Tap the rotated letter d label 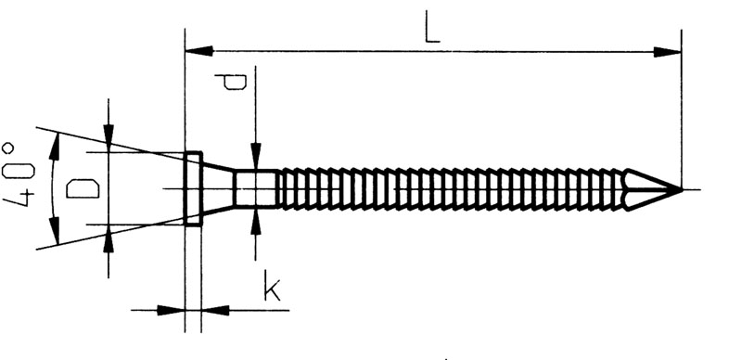tap(230, 81)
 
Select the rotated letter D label tap(83, 188)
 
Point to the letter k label tap(271, 286)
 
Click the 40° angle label tap(18, 174)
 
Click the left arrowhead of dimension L tap(198, 51)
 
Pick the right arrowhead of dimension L tap(668, 52)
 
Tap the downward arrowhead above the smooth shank tap(256, 156)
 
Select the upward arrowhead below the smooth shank tap(256, 221)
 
